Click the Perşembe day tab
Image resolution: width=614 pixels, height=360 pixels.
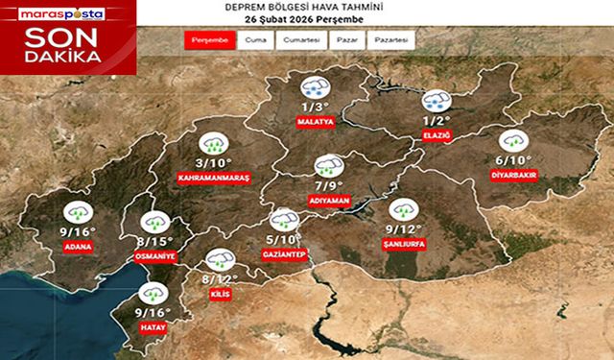pyautogui.click(x=209, y=41)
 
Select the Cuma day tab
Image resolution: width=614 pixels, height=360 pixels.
pyautogui.click(x=256, y=41)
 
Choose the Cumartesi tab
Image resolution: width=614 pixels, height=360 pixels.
pyautogui.click(x=300, y=41)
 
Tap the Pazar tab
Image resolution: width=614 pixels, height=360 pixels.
pyautogui.click(x=345, y=41)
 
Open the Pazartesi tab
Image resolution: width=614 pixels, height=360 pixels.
pyautogui.click(x=391, y=41)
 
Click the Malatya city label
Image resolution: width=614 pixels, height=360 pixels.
pyautogui.click(x=316, y=123)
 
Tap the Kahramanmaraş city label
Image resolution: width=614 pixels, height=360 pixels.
pyautogui.click(x=213, y=179)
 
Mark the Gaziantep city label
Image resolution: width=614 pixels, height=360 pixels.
pyautogui.click(x=284, y=253)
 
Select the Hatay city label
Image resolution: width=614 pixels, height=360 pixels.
pyautogui.click(x=153, y=327)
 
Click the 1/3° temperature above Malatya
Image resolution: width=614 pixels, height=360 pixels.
pyautogui.click(x=316, y=107)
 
